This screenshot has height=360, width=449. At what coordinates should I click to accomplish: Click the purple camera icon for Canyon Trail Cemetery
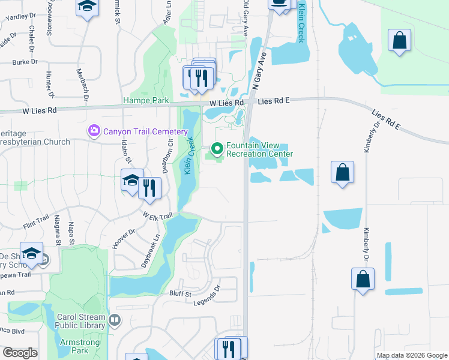click(94, 130)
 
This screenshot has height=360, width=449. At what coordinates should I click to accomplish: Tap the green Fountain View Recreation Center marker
click(217, 148)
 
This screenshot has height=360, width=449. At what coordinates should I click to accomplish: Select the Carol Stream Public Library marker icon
click(114, 321)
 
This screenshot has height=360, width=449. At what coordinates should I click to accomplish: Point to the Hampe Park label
click(146, 101)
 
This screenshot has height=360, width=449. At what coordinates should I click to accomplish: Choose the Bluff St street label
click(179, 294)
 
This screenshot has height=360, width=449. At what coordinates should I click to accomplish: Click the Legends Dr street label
click(207, 298)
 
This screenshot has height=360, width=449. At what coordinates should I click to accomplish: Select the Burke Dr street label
click(25, 62)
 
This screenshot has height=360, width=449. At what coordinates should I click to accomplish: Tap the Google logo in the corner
click(20, 353)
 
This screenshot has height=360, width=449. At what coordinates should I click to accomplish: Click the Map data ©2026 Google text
click(411, 355)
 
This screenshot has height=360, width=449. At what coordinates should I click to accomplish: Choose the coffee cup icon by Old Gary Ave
click(278, 3)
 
